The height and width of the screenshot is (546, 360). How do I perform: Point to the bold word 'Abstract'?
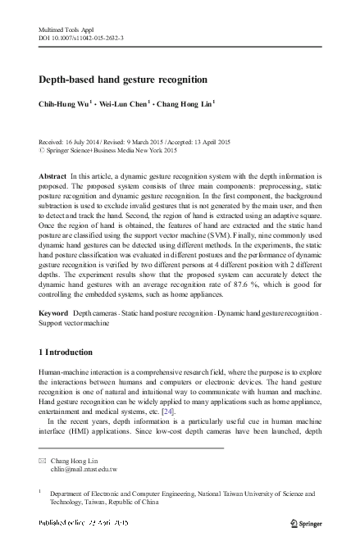click(54, 176)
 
